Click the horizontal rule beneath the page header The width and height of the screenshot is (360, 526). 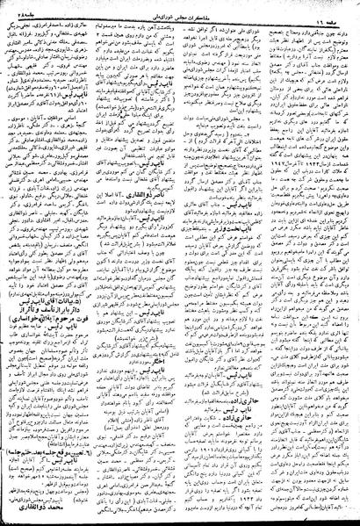coord(180,18)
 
